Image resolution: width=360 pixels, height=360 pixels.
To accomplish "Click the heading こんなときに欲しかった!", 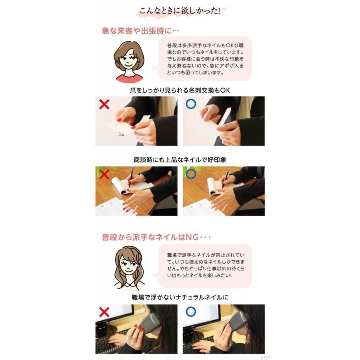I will point(180,11).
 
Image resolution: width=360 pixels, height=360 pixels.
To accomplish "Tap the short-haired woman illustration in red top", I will point(128,61).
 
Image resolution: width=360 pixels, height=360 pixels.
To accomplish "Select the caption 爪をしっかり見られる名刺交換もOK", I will point(180,90).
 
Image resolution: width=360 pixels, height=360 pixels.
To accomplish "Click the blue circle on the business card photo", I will point(191,104).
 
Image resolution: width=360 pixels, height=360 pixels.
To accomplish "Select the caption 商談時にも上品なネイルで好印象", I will point(180,160).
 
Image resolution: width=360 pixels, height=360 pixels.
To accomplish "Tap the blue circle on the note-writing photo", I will point(191,174).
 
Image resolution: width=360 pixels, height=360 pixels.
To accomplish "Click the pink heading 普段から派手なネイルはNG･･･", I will point(156,237).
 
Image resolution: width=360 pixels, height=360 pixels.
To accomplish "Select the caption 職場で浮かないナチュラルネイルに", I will point(180,297).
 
